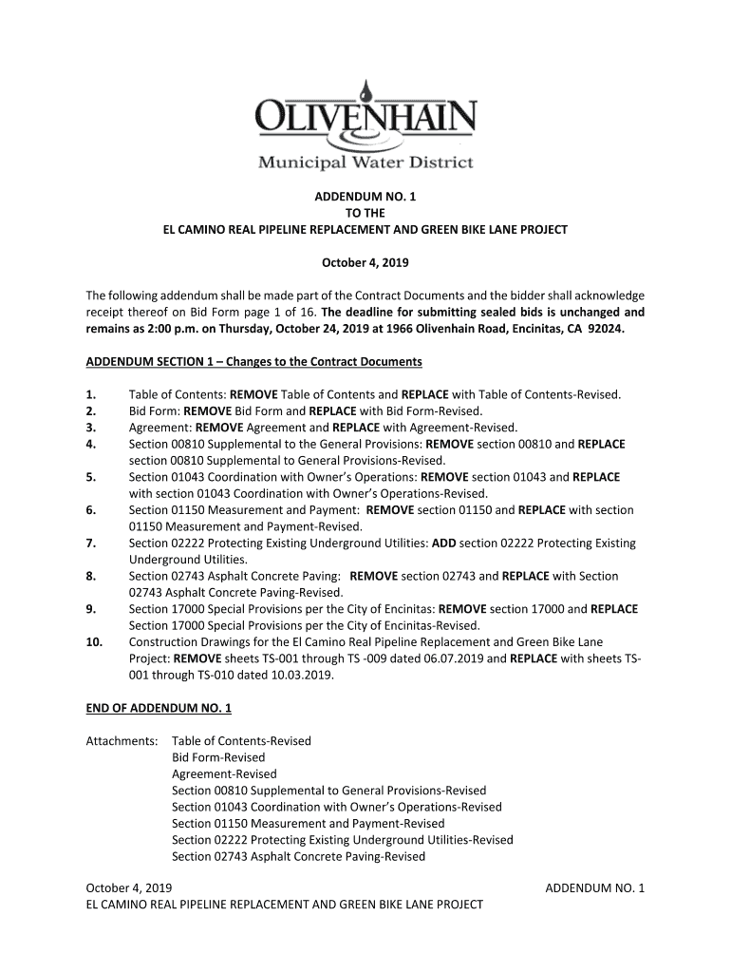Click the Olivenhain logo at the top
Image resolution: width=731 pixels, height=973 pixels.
click(365, 124)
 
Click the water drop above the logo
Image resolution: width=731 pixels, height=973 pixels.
click(366, 92)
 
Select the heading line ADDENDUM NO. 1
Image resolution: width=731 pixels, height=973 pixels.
click(365, 197)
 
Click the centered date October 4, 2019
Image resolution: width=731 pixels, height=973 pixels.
click(365, 262)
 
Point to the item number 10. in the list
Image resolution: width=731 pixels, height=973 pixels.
click(94, 642)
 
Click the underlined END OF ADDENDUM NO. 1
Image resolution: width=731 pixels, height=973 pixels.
click(159, 708)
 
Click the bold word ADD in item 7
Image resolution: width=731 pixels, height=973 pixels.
click(443, 544)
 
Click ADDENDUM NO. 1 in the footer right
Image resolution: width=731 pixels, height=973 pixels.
click(595, 888)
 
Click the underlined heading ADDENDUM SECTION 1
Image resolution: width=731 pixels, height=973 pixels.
click(253, 362)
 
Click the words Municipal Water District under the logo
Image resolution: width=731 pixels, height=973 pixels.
click(365, 162)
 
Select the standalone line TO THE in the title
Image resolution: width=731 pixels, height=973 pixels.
click(365, 214)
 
